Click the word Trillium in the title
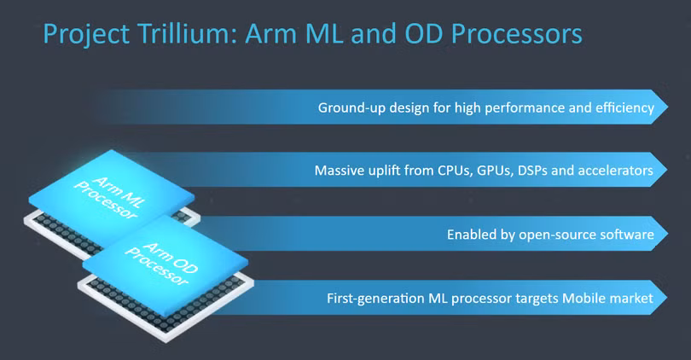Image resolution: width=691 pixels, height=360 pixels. tap(186, 35)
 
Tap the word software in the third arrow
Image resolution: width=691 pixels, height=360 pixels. tap(626, 234)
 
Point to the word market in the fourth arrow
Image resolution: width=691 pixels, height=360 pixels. tap(627, 299)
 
